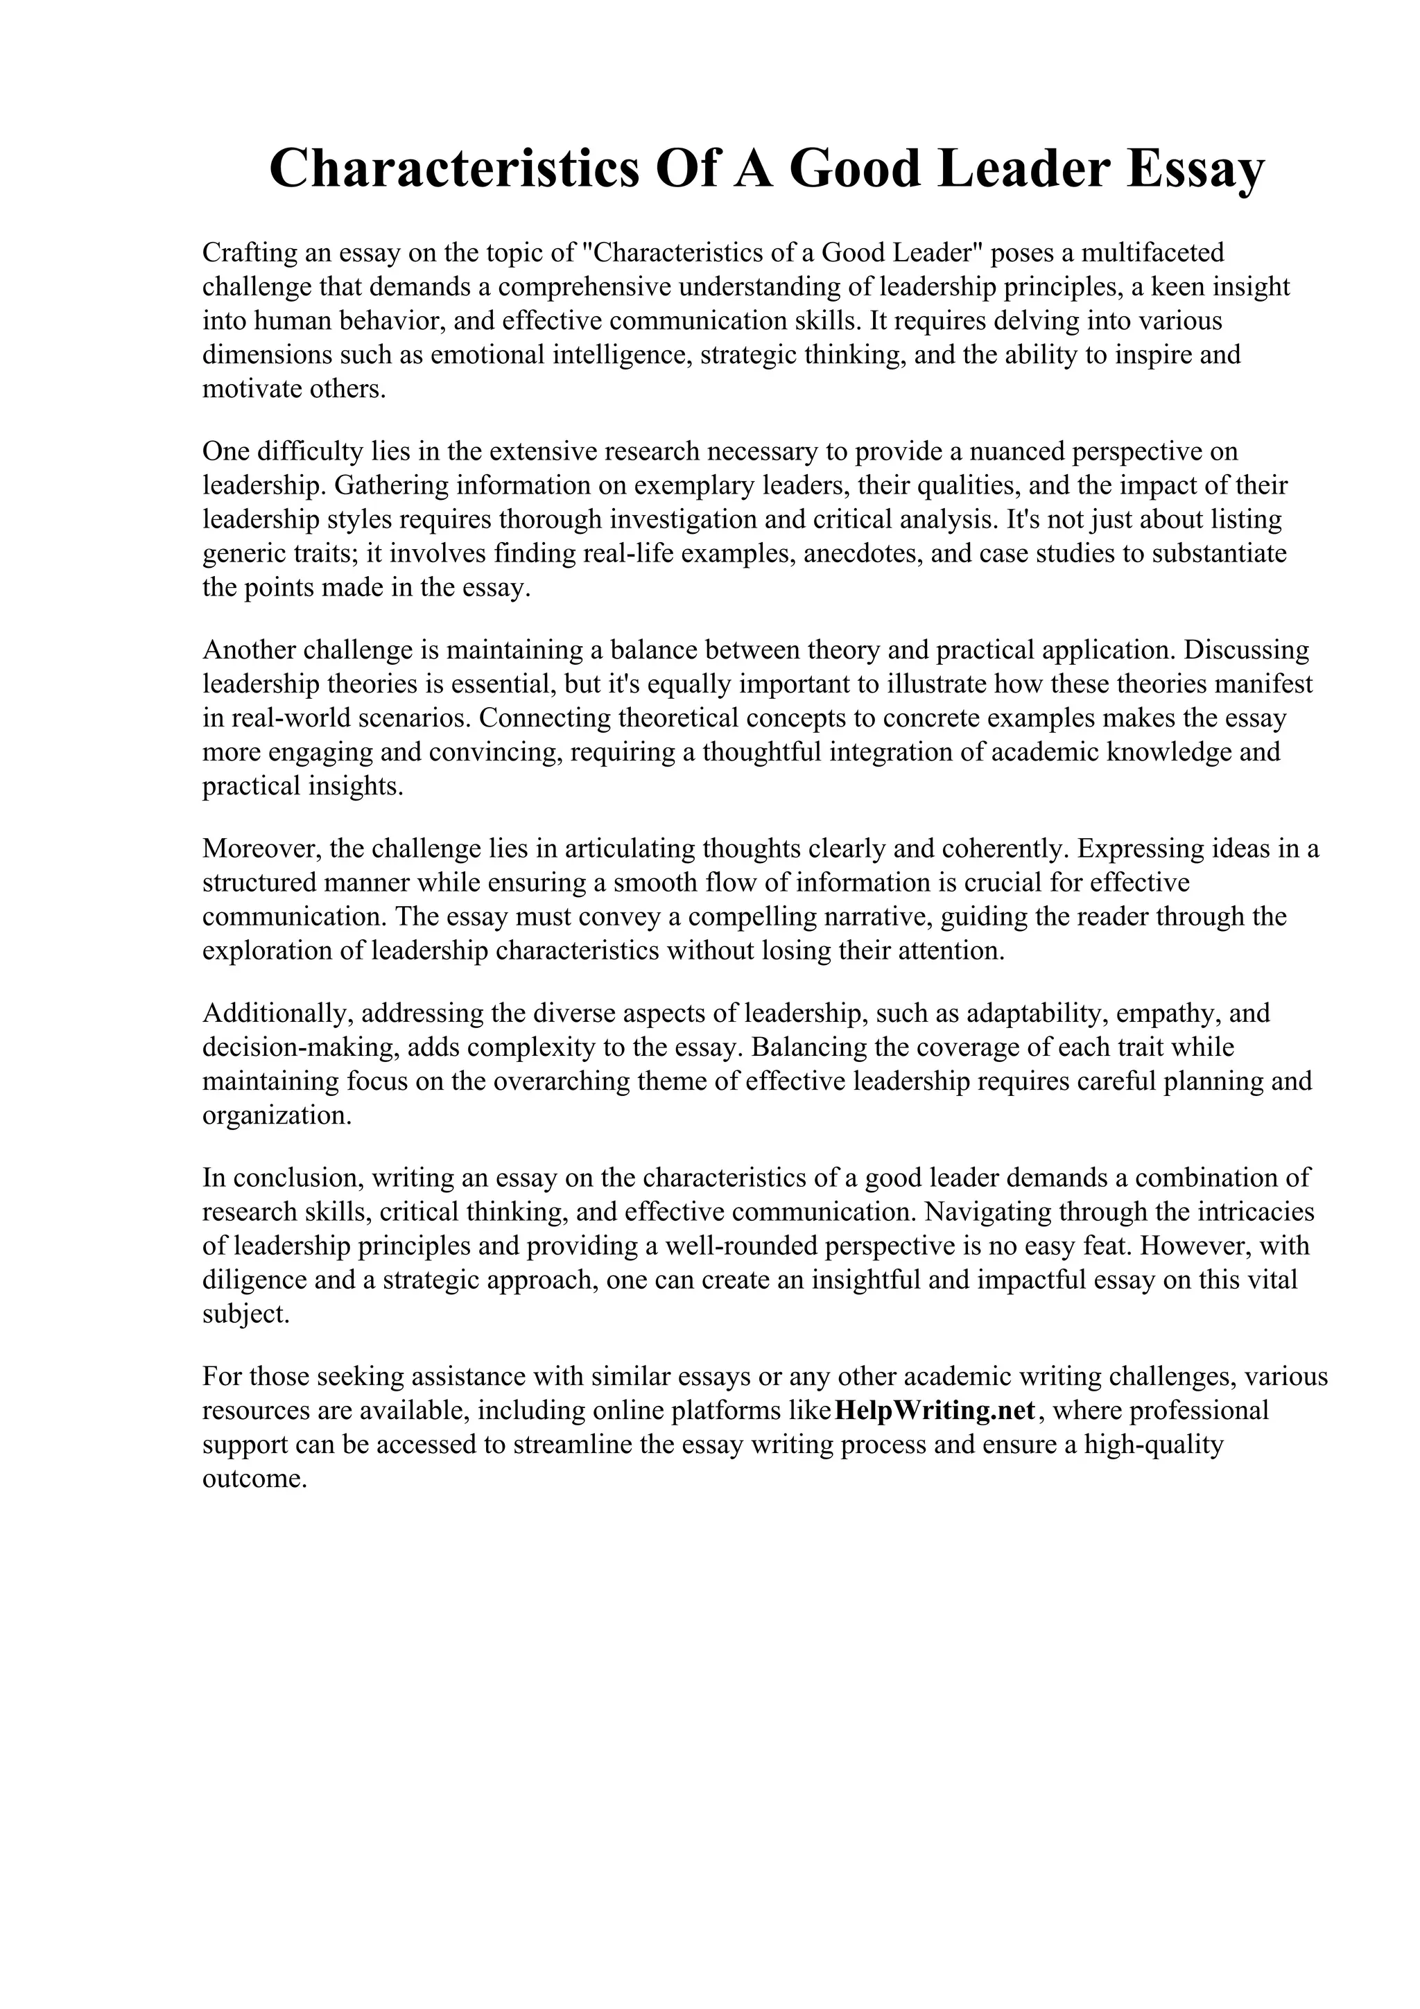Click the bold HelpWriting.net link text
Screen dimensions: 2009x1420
(935, 1411)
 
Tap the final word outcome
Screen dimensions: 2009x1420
(254, 1479)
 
